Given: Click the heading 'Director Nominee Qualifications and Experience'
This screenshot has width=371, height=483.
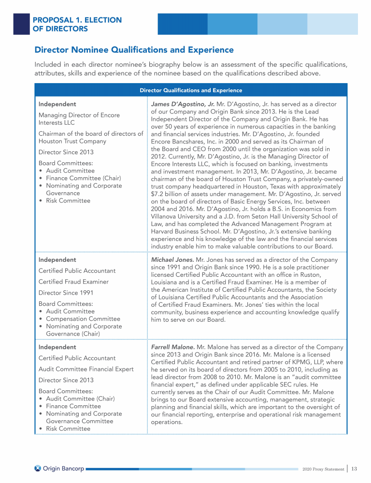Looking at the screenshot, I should point(134,50).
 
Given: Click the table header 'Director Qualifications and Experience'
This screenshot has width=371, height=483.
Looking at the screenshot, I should point(191,90).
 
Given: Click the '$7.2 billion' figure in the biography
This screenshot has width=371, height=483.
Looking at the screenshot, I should point(169,194).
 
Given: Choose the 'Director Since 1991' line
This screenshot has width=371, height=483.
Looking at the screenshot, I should point(66,293).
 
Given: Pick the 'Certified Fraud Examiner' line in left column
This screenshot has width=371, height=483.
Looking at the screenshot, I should point(73,282).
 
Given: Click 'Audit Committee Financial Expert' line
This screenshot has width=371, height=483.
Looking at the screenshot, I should point(86,369).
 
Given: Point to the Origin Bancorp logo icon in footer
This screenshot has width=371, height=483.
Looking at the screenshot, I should point(38,468).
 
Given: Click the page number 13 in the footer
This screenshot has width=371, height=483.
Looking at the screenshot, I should point(354,468).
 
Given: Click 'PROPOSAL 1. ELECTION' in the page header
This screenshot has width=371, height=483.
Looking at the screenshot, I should point(77,20).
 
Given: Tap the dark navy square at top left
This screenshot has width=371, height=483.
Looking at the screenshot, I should point(21,24).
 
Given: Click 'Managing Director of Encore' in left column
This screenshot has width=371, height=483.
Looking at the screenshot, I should point(79,115).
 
